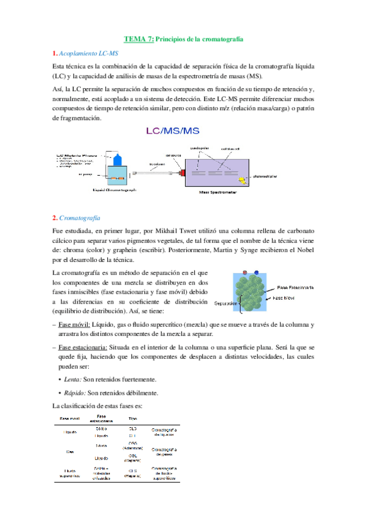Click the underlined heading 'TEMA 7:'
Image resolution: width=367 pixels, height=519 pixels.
[139, 39]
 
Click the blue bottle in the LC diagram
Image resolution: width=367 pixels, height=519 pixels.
[119, 159]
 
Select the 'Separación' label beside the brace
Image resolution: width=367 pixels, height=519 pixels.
[225, 303]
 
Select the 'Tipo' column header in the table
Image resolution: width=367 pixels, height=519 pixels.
[132, 419]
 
